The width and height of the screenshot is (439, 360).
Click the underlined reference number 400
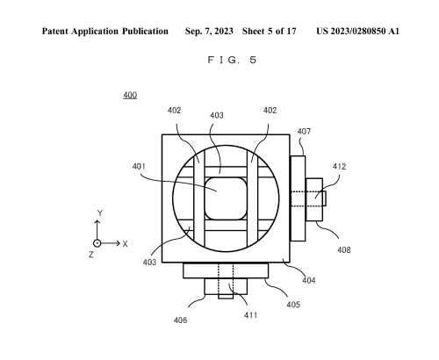pos(130,95)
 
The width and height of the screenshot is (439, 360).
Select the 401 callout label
pos(139,166)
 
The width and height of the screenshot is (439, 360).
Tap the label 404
pos(309,280)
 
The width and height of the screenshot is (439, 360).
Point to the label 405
pos(293,305)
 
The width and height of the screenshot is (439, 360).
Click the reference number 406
pos(180,320)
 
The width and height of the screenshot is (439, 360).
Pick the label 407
pos(304,132)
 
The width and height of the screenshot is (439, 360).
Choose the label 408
pos(344,249)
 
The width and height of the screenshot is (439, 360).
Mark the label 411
pos(251,315)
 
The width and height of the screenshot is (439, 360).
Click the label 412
pos(340,166)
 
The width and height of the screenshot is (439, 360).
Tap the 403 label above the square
pos(217,115)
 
